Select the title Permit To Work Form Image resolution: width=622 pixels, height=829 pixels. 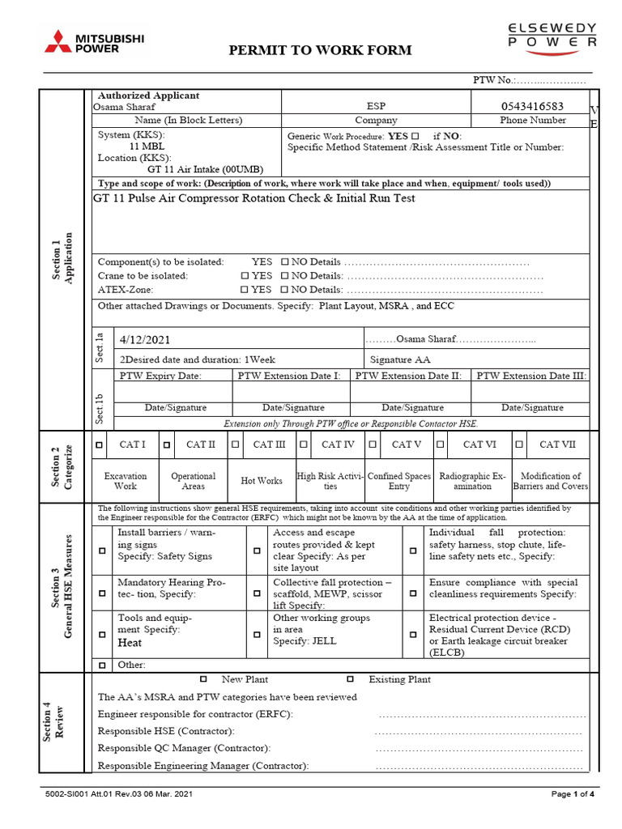click(321, 50)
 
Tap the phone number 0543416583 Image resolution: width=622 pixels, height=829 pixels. click(531, 106)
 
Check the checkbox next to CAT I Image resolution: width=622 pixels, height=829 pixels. click(100, 444)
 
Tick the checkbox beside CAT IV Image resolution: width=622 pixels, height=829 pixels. click(304, 444)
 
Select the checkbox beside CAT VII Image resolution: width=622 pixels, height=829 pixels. click(519, 444)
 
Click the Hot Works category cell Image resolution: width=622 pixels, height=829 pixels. click(262, 481)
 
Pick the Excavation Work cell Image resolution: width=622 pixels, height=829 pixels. click(126, 482)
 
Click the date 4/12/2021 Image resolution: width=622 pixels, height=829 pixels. click(145, 340)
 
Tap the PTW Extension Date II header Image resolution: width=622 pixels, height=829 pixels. click(408, 376)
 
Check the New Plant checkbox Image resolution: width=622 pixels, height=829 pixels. click(203, 679)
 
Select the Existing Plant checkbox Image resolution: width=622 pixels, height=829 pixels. click(350, 679)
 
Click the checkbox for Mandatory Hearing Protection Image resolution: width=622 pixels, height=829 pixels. click(102, 593)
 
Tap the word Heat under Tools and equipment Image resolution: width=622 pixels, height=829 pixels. click(130, 643)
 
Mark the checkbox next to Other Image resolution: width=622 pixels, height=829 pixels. click(102, 665)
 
